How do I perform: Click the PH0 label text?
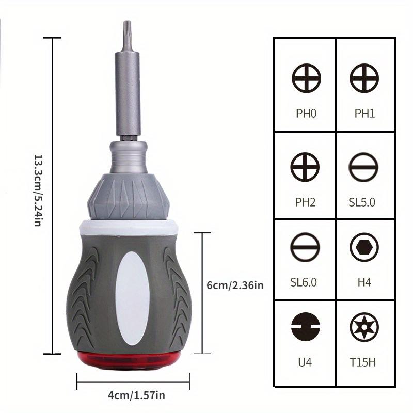point(306,114)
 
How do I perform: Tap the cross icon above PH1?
point(364,79)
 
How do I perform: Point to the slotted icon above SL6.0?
point(306,247)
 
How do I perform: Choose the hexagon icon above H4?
point(364,247)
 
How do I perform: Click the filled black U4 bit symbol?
point(306,328)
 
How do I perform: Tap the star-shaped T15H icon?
point(364,328)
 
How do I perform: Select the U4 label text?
point(306,362)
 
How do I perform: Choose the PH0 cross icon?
point(306,79)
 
